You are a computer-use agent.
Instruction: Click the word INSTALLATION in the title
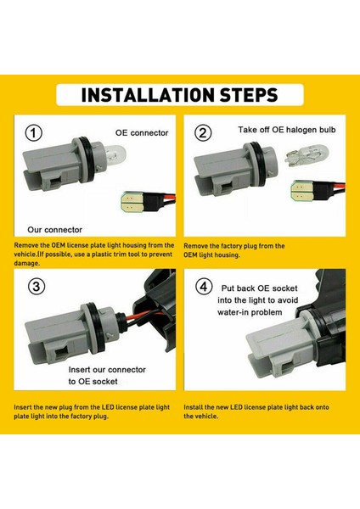(x=148, y=95)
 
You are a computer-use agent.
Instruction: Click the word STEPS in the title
(x=249, y=95)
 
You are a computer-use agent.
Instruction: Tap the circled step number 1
(x=34, y=133)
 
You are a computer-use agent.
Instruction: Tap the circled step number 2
(x=203, y=133)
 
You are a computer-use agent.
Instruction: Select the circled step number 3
(x=37, y=287)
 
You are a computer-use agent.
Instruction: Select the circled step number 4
(x=204, y=287)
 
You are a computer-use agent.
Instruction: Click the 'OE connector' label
(x=142, y=133)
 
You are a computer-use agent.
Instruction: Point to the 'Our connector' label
(x=54, y=230)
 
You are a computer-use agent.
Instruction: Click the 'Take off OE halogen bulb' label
(x=287, y=130)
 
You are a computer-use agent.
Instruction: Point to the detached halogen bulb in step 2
(x=307, y=154)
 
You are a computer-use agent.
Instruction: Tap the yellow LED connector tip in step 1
(x=132, y=202)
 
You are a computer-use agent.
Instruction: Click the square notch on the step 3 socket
(x=60, y=353)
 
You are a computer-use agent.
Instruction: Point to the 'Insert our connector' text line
(x=107, y=370)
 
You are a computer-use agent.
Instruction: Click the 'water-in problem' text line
(x=250, y=312)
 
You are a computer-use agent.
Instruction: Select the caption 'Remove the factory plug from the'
(x=234, y=246)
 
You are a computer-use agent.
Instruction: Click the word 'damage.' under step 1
(x=27, y=263)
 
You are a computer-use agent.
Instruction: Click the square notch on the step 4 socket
(x=287, y=367)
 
